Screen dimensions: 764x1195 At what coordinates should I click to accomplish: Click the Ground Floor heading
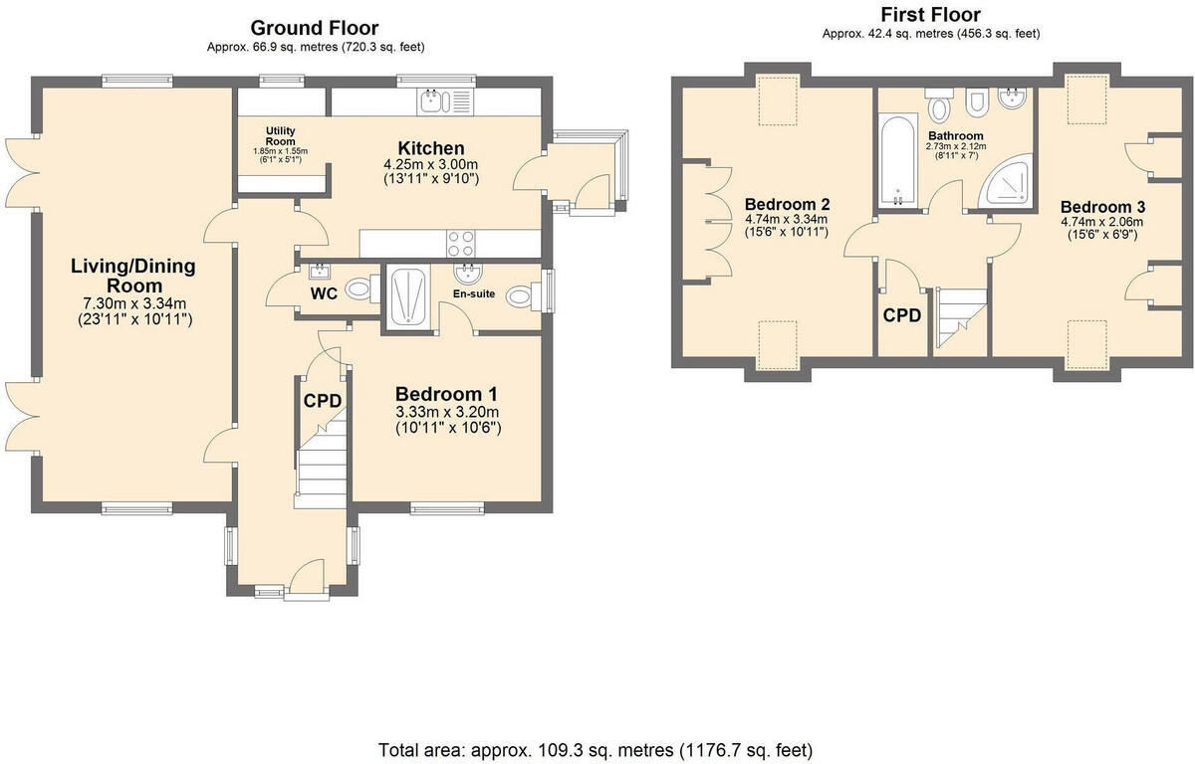tap(315, 28)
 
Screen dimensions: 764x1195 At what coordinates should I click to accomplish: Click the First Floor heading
tap(930, 15)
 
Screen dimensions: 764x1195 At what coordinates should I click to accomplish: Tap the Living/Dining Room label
tap(132, 277)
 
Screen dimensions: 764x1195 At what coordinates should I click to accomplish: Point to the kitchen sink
tap(437, 100)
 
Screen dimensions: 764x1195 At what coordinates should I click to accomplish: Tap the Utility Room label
tap(281, 135)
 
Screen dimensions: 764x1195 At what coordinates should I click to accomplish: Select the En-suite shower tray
tap(408, 294)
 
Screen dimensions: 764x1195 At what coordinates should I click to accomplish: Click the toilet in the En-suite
tap(521, 296)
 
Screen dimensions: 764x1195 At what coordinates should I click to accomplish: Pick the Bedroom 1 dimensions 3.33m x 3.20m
tap(447, 412)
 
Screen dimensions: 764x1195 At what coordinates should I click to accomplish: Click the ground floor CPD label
tap(323, 401)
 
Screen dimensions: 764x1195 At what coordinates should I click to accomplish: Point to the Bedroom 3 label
tap(1101, 207)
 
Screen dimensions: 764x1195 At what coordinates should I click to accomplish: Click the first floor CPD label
tap(902, 316)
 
